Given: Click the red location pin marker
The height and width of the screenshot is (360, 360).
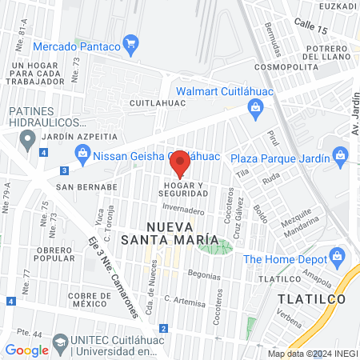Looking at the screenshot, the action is [x=180, y=162].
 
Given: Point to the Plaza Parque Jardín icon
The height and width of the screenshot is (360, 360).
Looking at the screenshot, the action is [x=342, y=153].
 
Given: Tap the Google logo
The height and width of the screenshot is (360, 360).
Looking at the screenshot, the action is [x=26, y=350].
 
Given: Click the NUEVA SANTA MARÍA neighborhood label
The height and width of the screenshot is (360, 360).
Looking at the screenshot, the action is [x=170, y=232].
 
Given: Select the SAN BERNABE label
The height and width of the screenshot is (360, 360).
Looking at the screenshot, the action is [x=86, y=186].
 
